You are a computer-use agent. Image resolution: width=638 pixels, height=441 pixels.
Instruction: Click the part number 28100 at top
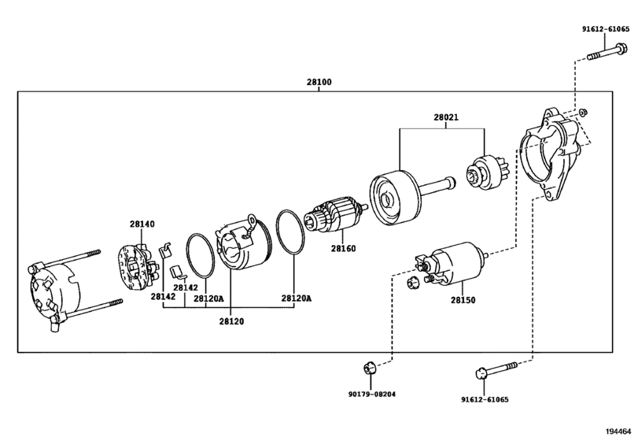click(x=319, y=82)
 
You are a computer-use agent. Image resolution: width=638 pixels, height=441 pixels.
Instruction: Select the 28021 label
click(x=446, y=117)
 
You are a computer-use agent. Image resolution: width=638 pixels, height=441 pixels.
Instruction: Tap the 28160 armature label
click(x=343, y=248)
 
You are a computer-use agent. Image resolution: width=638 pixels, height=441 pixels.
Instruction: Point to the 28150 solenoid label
click(x=463, y=300)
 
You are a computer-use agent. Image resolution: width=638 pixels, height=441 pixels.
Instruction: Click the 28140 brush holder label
click(x=142, y=224)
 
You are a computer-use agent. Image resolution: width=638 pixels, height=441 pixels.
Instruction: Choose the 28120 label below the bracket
click(x=231, y=321)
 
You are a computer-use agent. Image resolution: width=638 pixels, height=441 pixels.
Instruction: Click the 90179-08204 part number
click(x=372, y=395)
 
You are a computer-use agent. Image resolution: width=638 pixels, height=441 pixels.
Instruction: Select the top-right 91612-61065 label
click(x=606, y=29)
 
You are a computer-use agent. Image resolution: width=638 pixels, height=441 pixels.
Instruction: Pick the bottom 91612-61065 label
click(x=485, y=400)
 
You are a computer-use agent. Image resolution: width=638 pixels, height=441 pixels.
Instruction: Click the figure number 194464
click(x=619, y=432)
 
